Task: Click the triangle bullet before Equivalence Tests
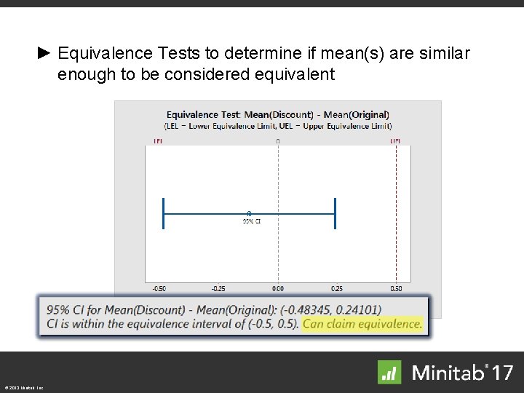tap(44, 54)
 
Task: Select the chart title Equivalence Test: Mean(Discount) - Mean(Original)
tap(277, 114)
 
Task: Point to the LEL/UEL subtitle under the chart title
tap(277, 125)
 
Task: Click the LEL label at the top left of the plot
tap(157, 140)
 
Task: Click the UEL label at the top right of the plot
tap(395, 140)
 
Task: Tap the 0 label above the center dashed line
tap(278, 140)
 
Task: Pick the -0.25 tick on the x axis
tap(218, 289)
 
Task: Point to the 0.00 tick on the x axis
tap(278, 289)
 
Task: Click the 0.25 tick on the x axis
tap(336, 289)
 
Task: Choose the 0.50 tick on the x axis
tap(396, 289)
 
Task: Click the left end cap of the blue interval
tap(164, 214)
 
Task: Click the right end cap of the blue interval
tap(335, 214)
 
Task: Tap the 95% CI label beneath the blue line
tap(251, 221)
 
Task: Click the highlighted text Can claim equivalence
tap(362, 324)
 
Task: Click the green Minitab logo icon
tap(389, 372)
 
